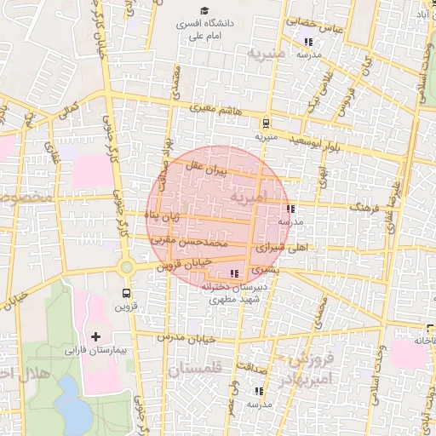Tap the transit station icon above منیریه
click(x=267, y=122)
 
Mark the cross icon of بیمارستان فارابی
click(x=95, y=336)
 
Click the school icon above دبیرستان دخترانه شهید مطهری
click(x=235, y=273)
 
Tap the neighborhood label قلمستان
click(x=196, y=371)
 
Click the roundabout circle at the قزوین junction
click(x=127, y=267)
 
